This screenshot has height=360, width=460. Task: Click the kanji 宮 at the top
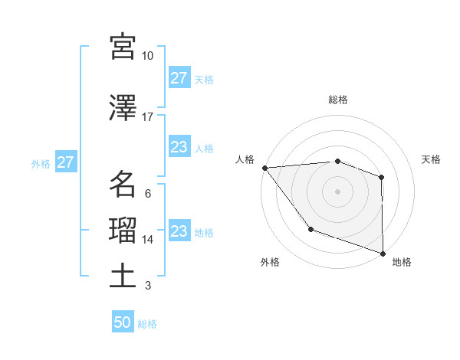click(123, 47)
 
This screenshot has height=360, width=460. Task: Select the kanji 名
click(123, 184)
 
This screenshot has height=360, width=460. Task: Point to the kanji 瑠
click(123, 231)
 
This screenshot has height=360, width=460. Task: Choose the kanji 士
click(123, 277)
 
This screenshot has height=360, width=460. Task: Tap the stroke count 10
click(147, 56)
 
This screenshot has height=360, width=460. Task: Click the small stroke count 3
click(147, 286)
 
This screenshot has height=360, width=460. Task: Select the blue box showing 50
click(123, 322)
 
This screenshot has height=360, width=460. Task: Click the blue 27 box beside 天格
click(179, 78)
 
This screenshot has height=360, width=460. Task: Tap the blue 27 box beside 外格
click(65, 162)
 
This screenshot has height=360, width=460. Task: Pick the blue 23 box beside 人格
click(179, 147)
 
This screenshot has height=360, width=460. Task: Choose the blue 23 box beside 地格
click(179, 231)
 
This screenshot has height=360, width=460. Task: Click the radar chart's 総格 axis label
click(337, 100)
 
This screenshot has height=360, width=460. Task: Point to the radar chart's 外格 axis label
click(270, 262)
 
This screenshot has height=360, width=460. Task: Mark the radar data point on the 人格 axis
click(264, 167)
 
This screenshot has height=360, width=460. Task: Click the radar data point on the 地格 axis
click(382, 253)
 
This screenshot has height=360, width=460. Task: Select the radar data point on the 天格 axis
click(381, 177)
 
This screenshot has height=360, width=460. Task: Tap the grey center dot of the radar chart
click(337, 191)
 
